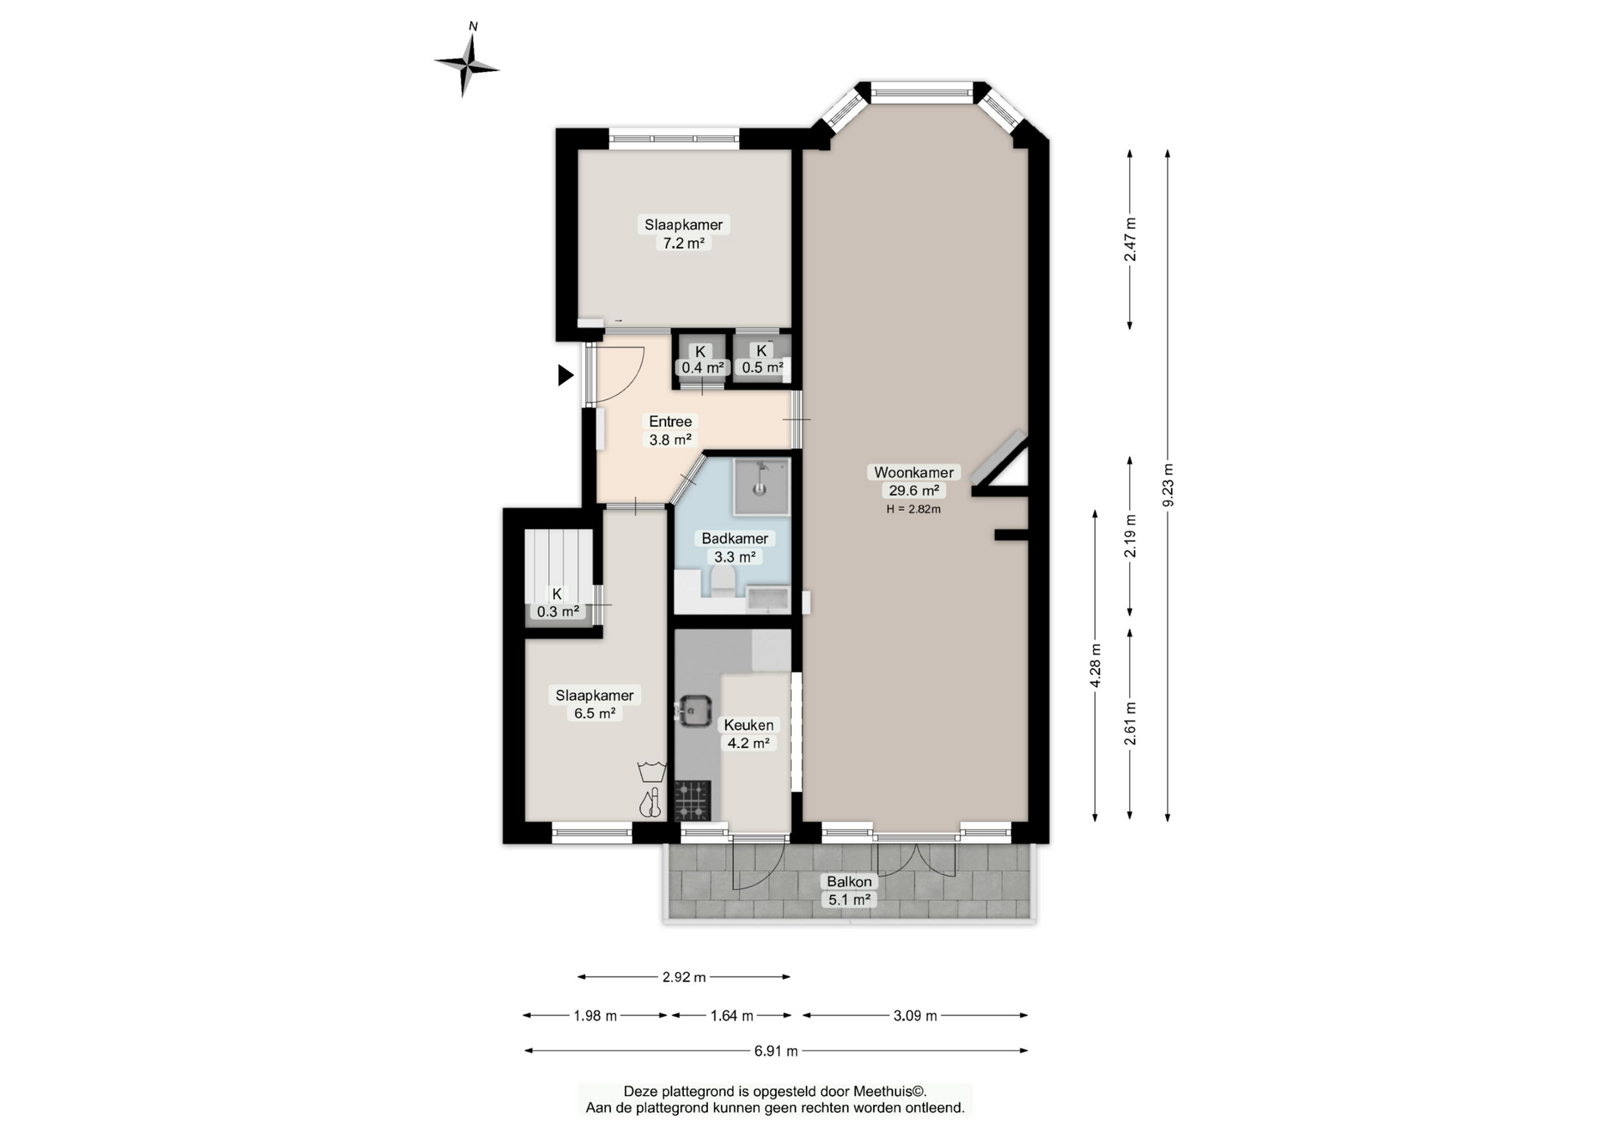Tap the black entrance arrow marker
[x=567, y=375]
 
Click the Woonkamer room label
[x=914, y=472]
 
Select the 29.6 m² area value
[x=914, y=491]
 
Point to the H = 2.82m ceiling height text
[x=914, y=509]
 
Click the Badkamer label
[x=735, y=538]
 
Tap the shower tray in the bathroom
[x=762, y=486]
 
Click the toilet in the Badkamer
[x=722, y=581]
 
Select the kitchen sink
[x=693, y=711]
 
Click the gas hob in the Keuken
[x=693, y=800]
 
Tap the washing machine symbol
[x=651, y=771]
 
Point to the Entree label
[x=670, y=421]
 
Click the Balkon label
[x=850, y=882]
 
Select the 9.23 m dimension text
[x=1168, y=485]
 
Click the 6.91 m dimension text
[x=776, y=1051]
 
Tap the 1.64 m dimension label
[x=732, y=1016]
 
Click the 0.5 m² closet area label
[x=762, y=368]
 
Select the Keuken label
[x=748, y=725]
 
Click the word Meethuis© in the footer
[x=889, y=1092]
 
